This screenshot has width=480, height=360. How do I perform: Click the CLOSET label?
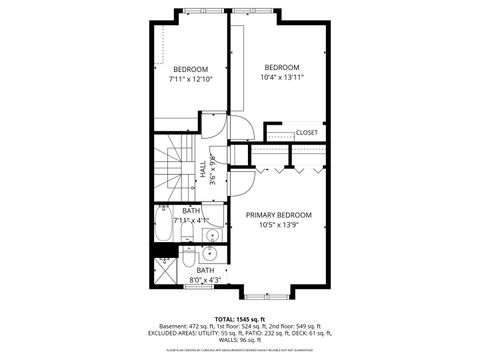click(x=307, y=132)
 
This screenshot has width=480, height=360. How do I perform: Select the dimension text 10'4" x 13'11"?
click(x=282, y=77)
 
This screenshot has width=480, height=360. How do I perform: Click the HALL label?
click(x=203, y=173)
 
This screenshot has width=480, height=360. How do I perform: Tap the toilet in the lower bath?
click(x=188, y=263)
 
